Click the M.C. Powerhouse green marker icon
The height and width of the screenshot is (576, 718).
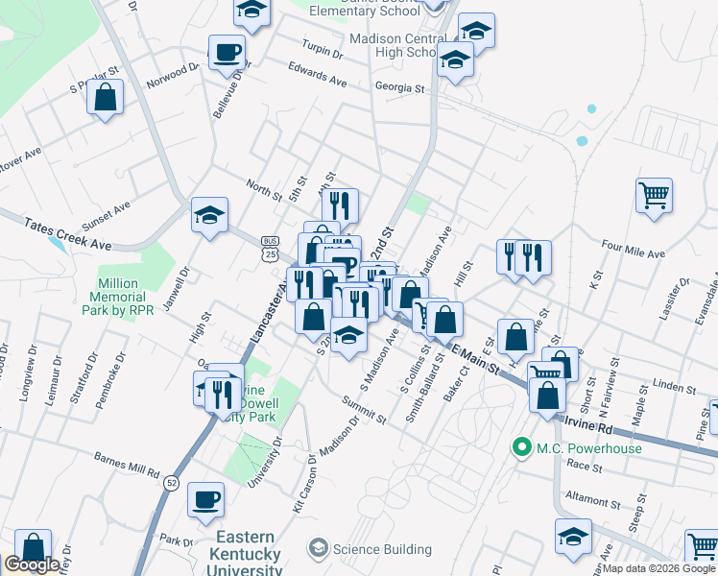(x=522, y=447)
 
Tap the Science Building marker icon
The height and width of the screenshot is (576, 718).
(x=318, y=549)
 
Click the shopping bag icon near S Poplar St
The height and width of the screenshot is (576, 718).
(x=106, y=97)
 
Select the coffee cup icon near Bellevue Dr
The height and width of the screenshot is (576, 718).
(x=227, y=52)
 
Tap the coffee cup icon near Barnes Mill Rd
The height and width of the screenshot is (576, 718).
(x=206, y=499)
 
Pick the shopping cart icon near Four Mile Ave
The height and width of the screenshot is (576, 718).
(x=654, y=195)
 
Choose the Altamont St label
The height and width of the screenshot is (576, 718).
(x=593, y=500)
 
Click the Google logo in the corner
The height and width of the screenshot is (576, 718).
(x=32, y=564)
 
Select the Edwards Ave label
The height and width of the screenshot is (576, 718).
(x=317, y=76)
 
